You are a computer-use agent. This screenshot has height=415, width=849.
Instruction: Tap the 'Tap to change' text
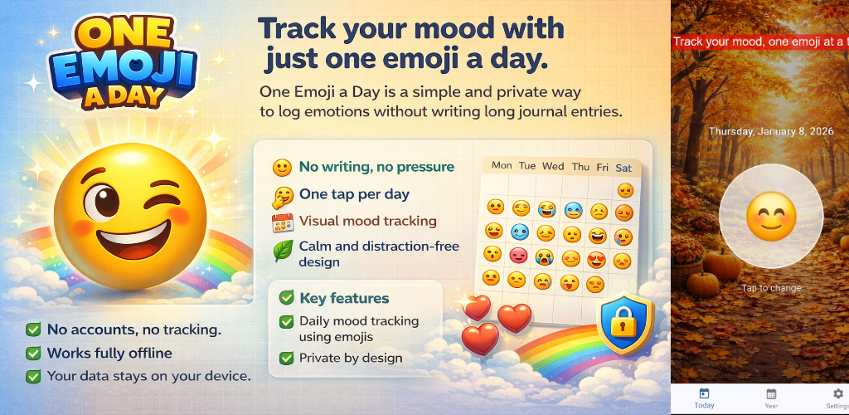tap(771, 288)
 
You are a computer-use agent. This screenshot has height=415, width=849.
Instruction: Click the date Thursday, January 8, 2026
tap(771, 131)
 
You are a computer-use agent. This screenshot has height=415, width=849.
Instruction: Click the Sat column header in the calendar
tap(623, 168)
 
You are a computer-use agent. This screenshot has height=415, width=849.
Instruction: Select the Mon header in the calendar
tap(502, 165)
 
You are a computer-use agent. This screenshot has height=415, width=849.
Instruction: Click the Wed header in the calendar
tap(553, 166)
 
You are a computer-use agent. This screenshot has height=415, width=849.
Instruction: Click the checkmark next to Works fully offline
tap(33, 353)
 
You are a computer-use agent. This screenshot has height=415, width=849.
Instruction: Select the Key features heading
tap(344, 298)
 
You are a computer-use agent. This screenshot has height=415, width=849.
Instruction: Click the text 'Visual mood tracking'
tap(367, 221)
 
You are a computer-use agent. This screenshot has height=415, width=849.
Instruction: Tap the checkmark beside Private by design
tap(286, 358)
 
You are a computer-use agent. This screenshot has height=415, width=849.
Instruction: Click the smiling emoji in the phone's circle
tap(771, 216)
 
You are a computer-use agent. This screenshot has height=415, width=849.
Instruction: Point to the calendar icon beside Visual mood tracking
tap(283, 222)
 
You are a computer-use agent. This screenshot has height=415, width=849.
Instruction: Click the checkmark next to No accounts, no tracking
tap(33, 330)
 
